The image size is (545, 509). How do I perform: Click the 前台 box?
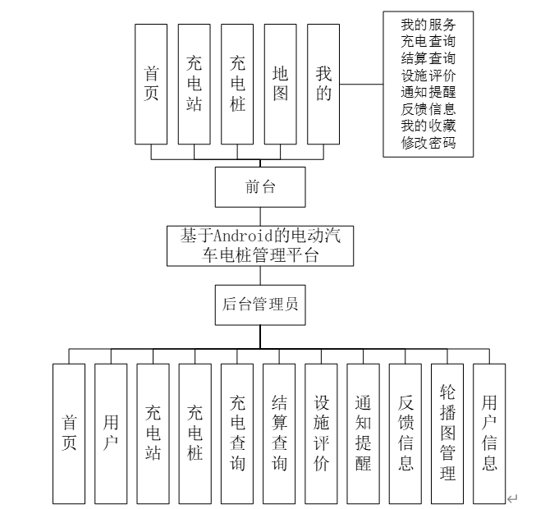pos(260,186)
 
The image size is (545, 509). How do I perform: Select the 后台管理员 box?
pos(260,304)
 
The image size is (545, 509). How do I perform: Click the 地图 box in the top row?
pos(281,84)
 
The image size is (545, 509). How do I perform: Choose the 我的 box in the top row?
pos(323,84)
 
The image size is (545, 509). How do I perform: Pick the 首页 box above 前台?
pos(151,84)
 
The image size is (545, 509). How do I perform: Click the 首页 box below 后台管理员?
pos(69,433)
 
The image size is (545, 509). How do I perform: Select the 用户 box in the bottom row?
pos(111,433)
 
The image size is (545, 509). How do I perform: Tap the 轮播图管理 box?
pos(447,433)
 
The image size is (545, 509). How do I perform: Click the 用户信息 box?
pos(489,433)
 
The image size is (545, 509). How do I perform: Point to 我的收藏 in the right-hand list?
pos(428,126)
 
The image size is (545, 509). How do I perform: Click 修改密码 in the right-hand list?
pos(428,144)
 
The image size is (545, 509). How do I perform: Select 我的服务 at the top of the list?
pos(428,22)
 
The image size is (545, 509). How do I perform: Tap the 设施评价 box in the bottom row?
pos(321,433)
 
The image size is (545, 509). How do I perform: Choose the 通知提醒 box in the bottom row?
pos(363,433)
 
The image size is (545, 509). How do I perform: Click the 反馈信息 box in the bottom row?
pos(405,433)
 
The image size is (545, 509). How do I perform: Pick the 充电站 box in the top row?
pos(194,84)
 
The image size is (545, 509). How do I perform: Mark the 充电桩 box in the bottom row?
pos(195,433)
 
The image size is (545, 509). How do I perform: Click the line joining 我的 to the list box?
pos(361,84)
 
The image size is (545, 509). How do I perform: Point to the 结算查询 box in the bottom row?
pos(279,433)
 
